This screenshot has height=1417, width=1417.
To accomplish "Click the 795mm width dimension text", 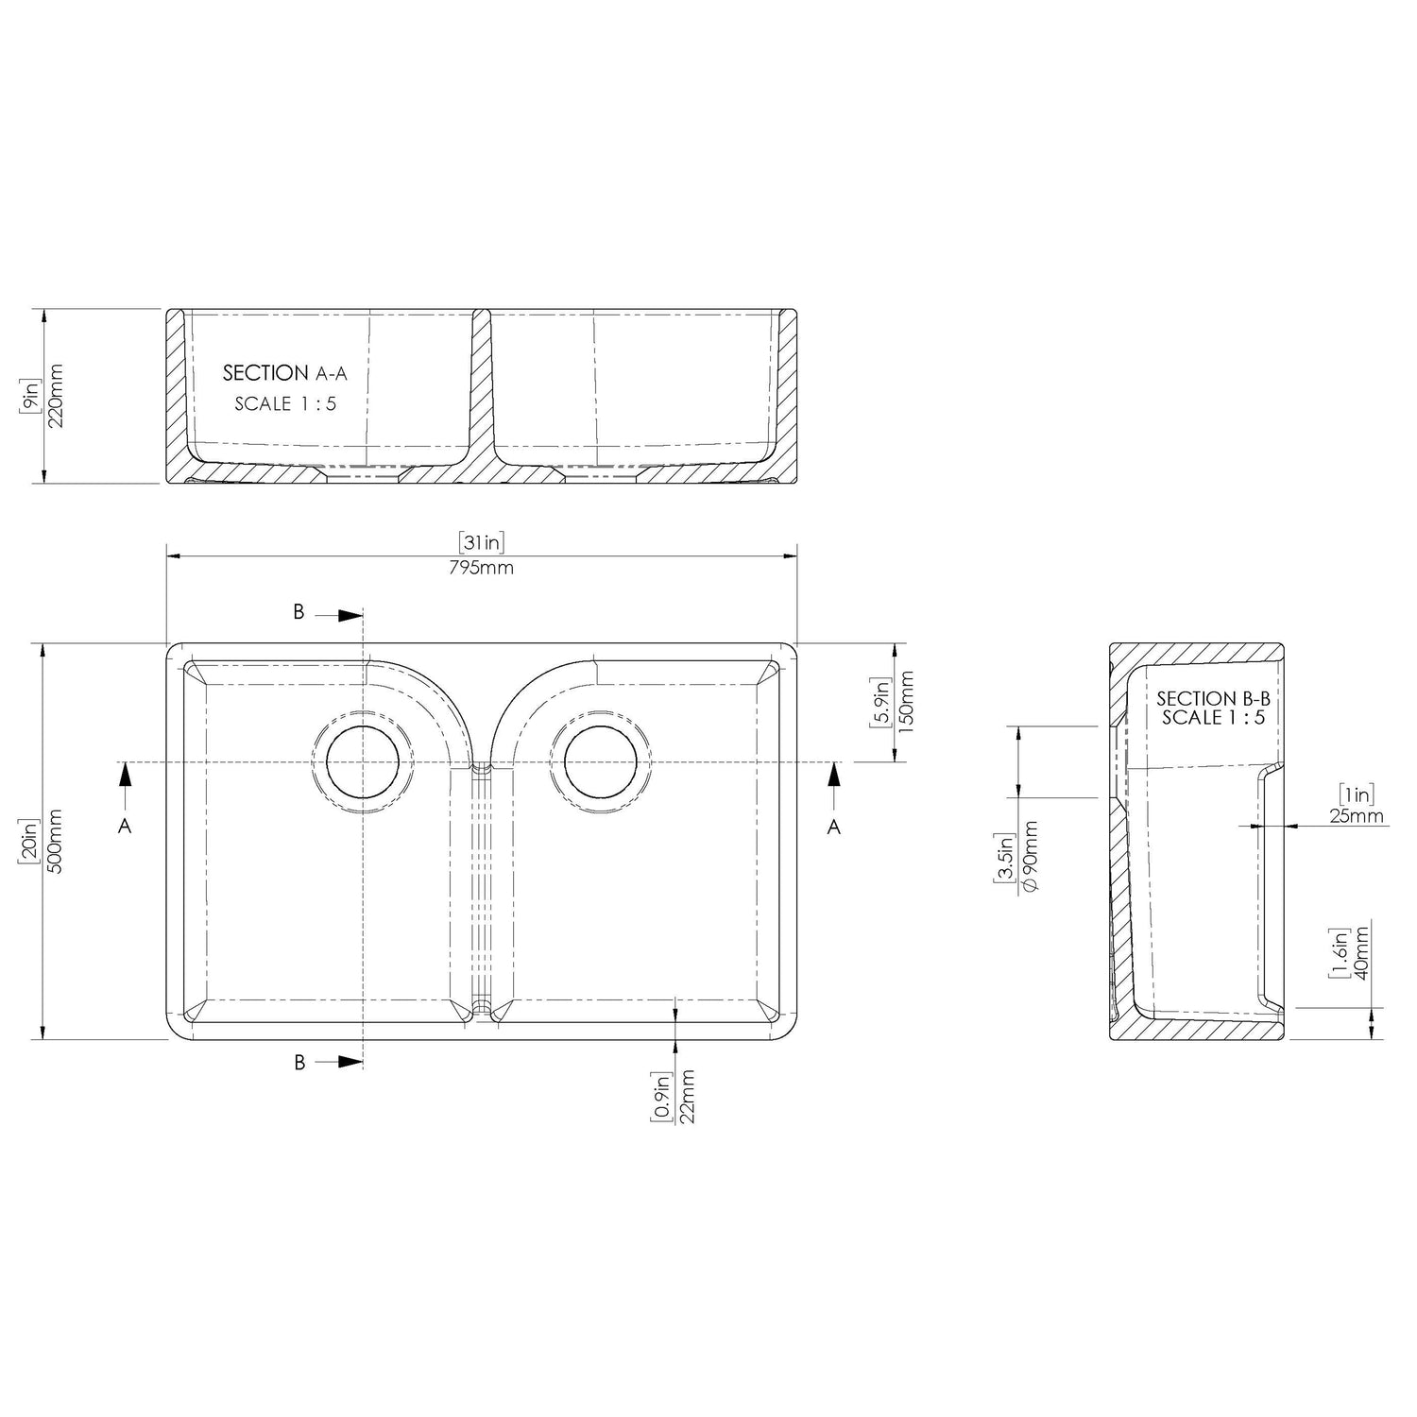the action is pos(482,567).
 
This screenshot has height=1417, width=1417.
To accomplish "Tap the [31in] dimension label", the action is pos(482,542).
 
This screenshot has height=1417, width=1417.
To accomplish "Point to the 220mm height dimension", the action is pos(54,396).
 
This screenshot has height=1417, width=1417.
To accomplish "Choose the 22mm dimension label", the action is pos(687,1096).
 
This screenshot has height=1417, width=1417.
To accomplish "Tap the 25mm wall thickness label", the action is pos(1357,816).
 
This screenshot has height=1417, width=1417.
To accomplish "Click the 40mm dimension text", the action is pos(1361,952).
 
